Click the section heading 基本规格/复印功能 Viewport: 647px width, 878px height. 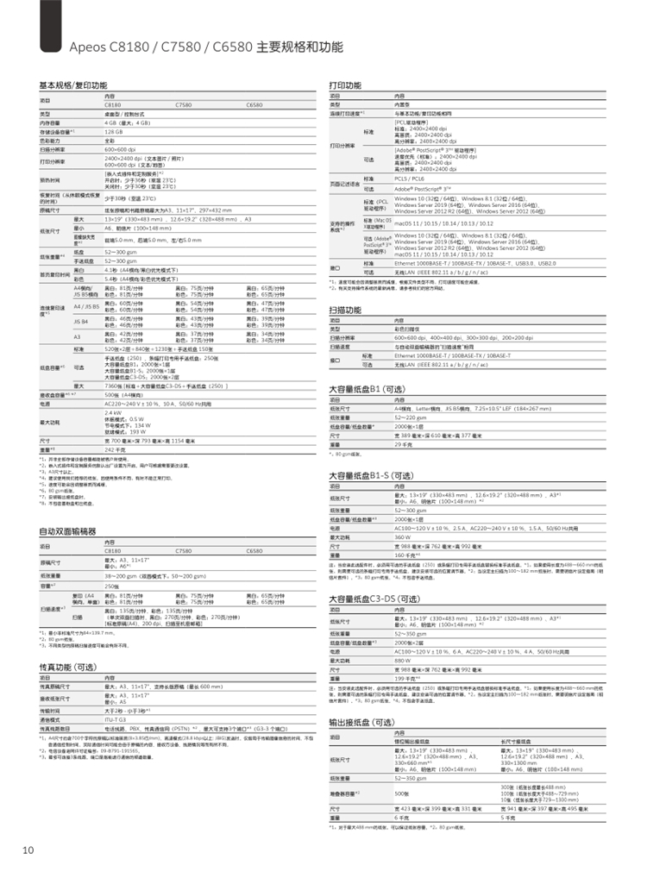[73, 86]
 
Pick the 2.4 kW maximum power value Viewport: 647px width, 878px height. [112, 413]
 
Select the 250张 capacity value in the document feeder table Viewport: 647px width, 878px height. [113, 585]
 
